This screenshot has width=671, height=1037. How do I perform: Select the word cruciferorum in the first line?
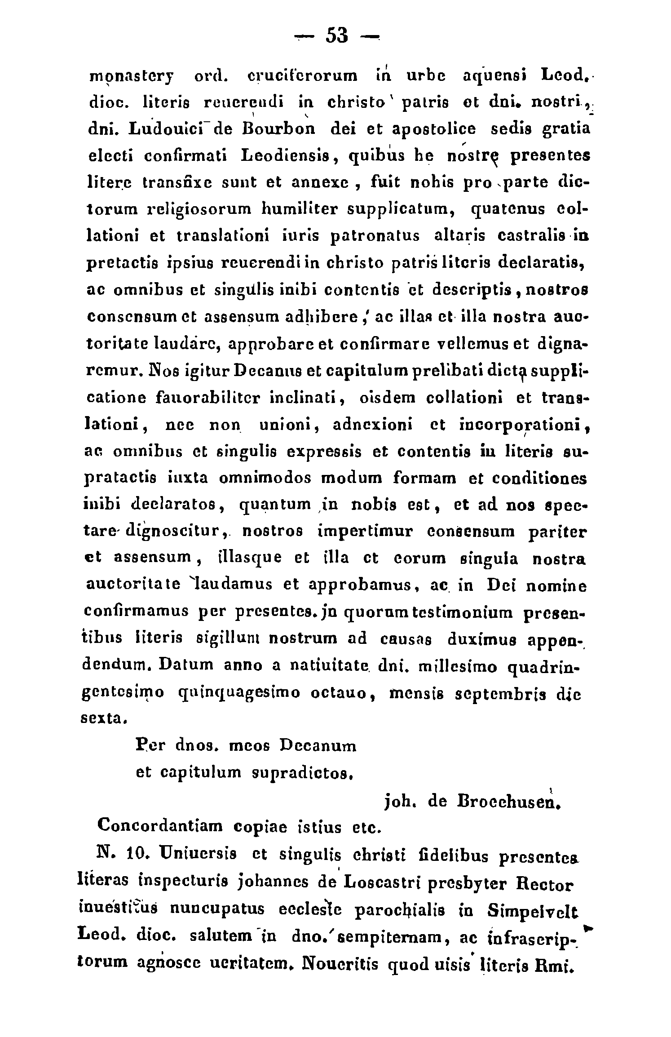tap(303, 75)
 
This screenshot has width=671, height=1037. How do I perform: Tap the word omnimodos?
tap(265, 478)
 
